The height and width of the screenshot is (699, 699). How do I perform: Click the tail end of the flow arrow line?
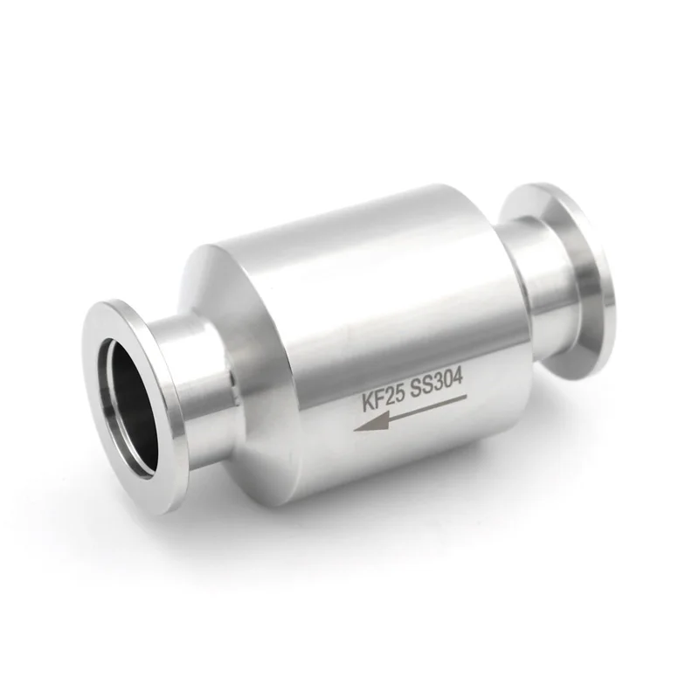click(466, 398)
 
